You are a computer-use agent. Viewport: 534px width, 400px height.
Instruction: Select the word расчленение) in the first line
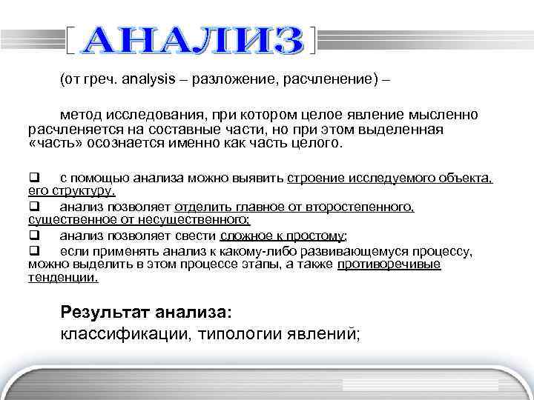click(x=336, y=80)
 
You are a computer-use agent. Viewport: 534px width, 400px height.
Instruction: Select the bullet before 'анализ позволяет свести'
click(x=33, y=236)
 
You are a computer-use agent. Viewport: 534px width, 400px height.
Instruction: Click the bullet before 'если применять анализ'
click(x=33, y=251)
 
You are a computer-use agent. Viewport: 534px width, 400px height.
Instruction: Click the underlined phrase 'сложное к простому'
click(x=283, y=236)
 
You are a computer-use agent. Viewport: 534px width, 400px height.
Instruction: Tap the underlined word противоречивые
click(x=388, y=265)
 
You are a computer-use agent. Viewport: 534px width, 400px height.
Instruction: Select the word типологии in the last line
click(x=237, y=333)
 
